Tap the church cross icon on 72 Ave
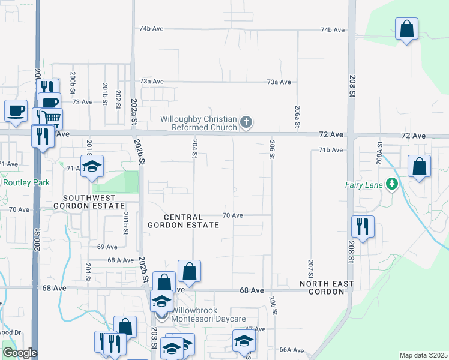click(x=246, y=123)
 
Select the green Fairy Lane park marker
click(x=393, y=184)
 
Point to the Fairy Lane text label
click(x=364, y=185)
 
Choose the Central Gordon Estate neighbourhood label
click(x=184, y=220)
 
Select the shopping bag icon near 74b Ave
click(x=406, y=28)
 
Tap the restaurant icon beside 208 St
click(x=363, y=226)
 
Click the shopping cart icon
click(x=51, y=118)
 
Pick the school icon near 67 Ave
click(x=243, y=341)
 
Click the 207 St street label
click(x=311, y=268)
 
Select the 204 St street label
click(x=194, y=148)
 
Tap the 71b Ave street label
click(x=331, y=150)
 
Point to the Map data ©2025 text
click(x=423, y=355)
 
